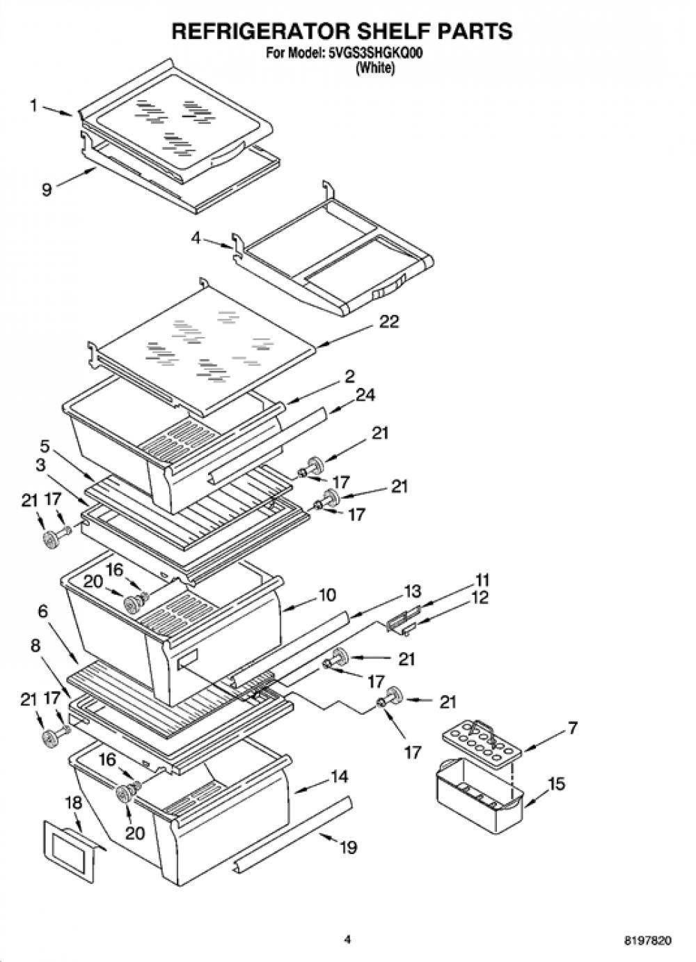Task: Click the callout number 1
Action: tap(34, 106)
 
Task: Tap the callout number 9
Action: tap(47, 189)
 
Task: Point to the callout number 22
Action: tap(389, 321)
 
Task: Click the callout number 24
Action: tap(364, 395)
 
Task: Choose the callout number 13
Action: tap(412, 591)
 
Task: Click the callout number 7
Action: tap(572, 727)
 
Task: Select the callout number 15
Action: tap(556, 784)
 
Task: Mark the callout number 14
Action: tap(340, 777)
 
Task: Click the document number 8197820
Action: tap(651, 949)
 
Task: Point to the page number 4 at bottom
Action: tap(348, 949)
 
